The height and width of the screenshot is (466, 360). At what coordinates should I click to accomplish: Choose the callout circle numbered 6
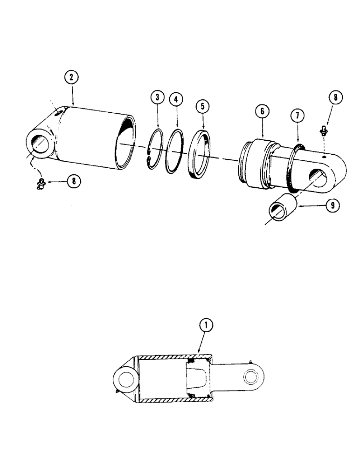pyautogui.click(x=262, y=111)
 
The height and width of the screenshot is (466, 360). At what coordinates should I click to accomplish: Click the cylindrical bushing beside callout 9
pyautogui.click(x=283, y=208)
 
